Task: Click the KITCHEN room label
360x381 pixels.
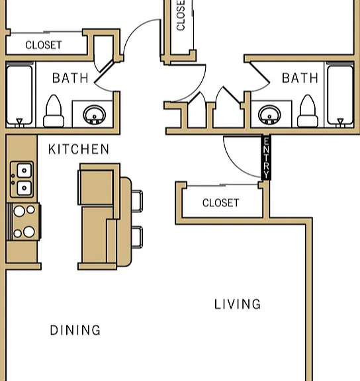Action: coord(79,149)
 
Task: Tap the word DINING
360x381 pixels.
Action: coord(75,330)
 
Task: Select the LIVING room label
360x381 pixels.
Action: coord(238,304)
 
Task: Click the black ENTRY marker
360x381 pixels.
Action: coord(266,157)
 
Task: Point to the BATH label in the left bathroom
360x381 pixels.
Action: coord(70,78)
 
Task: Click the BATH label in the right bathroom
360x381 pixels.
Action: coord(300,78)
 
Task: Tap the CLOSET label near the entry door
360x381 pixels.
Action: coord(221,203)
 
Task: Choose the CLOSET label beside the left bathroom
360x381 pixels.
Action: coord(44,45)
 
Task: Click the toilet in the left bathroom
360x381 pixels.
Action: coord(54,111)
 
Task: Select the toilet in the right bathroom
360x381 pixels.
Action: coord(308,111)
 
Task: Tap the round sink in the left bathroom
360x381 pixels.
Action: coord(95,114)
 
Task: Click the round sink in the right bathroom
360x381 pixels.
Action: coord(269,114)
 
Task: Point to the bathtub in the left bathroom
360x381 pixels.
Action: coord(19,95)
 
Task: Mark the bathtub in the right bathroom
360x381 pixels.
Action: coord(340,95)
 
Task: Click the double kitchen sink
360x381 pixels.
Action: coord(22,179)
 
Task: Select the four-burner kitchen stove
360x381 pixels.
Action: coord(24,222)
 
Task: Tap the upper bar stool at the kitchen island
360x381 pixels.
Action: coord(137,201)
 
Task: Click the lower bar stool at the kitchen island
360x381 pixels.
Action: coord(137,237)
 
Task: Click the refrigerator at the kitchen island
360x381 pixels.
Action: coord(95,188)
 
